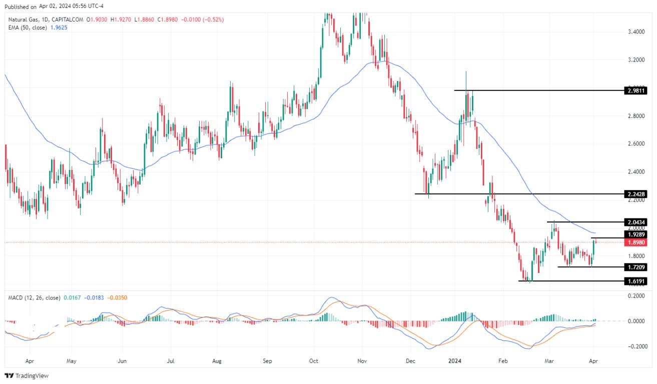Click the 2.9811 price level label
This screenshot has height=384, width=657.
(x=636, y=90)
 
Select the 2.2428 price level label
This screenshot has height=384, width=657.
(x=636, y=194)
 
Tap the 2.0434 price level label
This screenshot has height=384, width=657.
(x=636, y=222)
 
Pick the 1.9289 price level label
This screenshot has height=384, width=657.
(x=636, y=234)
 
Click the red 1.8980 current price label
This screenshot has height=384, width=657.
(x=636, y=242)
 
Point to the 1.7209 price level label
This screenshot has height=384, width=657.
(x=636, y=267)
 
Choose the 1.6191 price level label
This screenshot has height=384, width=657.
(x=636, y=281)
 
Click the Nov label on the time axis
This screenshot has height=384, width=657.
(x=363, y=360)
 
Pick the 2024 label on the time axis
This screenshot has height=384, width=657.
(x=454, y=360)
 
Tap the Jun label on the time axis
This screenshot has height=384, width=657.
(x=123, y=360)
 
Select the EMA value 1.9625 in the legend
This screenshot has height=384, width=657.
(x=58, y=27)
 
